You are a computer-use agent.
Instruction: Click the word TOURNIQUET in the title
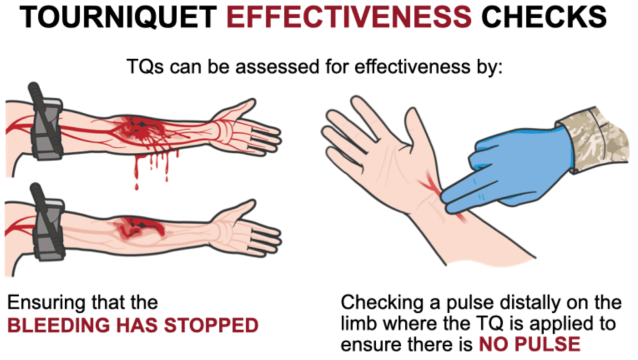click(118, 17)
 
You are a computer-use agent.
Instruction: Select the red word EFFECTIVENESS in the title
click(349, 17)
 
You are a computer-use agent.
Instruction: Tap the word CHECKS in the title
click(544, 17)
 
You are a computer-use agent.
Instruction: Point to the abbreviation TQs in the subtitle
click(146, 66)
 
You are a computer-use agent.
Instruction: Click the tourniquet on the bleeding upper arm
click(46, 122)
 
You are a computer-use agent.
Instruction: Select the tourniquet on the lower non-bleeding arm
click(47, 222)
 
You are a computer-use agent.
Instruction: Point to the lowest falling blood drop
click(137, 187)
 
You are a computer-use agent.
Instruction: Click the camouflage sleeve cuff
click(594, 139)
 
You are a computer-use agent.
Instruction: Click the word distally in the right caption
click(528, 303)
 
